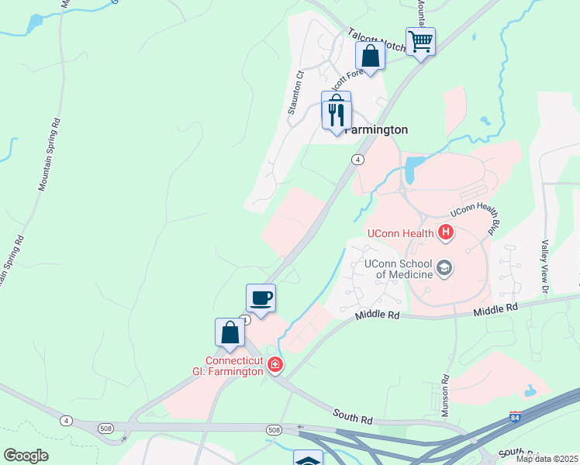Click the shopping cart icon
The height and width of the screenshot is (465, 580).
click(419, 40)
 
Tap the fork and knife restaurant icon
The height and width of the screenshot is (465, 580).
click(337, 115)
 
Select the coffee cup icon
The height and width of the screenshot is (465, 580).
click(261, 298)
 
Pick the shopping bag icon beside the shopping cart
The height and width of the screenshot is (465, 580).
click(370, 56)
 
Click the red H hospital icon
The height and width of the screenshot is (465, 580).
click(445, 231)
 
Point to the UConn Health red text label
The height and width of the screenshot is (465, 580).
click(400, 232)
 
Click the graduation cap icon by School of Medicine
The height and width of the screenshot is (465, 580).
click(444, 268)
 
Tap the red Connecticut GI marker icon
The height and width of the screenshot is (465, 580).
click(274, 364)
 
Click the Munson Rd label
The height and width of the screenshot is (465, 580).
click(446, 396)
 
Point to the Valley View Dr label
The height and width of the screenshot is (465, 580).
click(545, 265)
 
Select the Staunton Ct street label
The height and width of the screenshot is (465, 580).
click(295, 93)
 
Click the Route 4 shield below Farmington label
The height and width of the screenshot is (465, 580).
click(357, 160)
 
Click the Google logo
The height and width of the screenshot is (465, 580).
click(26, 456)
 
